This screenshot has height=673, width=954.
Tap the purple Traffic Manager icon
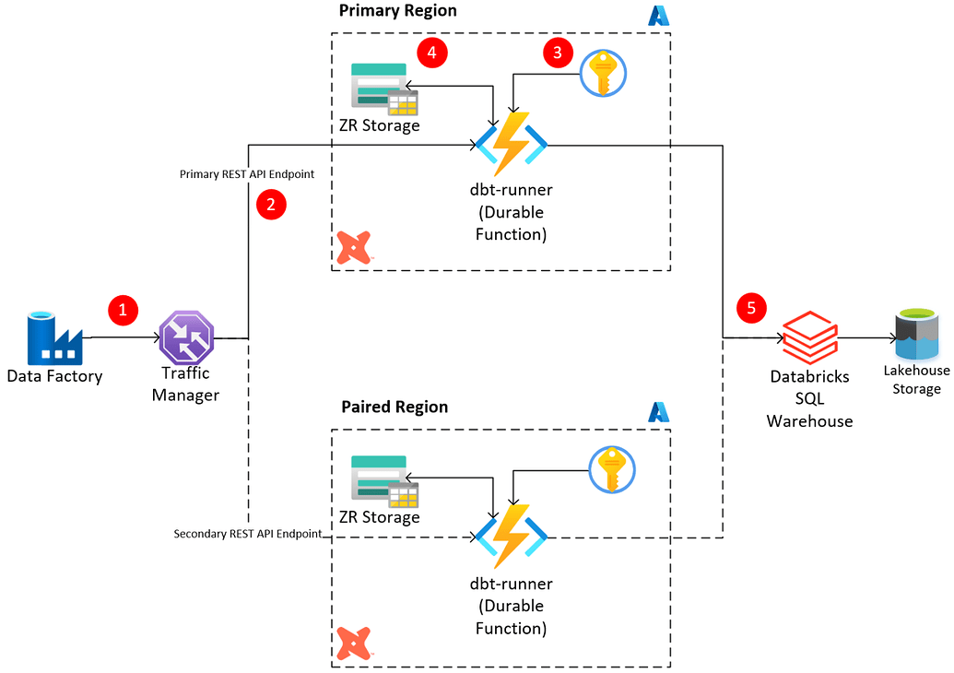tap(186, 337)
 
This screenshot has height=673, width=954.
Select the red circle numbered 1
tap(123, 310)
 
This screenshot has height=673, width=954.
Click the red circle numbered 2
tap(271, 205)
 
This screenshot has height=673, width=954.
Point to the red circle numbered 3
tap(557, 53)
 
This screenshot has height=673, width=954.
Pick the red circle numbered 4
tap(431, 53)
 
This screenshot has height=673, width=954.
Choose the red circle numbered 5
tap(751, 308)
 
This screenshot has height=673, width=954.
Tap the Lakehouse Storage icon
tap(915, 336)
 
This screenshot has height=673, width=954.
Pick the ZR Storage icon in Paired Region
tap(384, 482)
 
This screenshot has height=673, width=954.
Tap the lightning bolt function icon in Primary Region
tap(511, 143)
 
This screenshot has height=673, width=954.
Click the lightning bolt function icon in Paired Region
tap(511, 536)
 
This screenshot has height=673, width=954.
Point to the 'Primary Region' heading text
tap(397, 11)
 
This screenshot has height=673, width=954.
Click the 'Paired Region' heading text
tap(395, 407)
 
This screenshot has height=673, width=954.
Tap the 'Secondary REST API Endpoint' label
tap(248, 534)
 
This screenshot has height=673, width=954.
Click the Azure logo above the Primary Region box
tap(658, 16)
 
